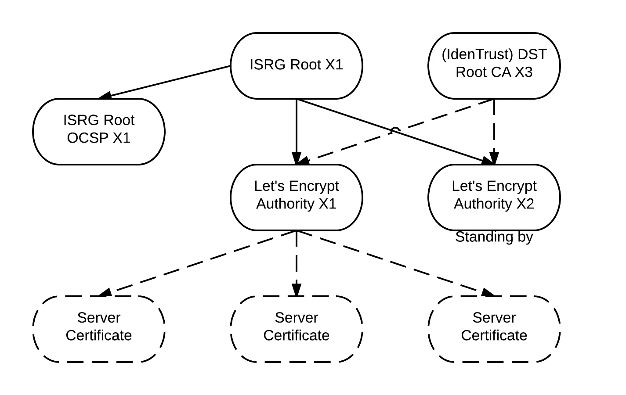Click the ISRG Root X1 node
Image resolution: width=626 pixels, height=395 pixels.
297,65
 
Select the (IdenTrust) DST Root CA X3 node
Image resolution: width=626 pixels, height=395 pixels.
494,65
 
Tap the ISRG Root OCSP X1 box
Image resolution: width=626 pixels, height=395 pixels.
99,131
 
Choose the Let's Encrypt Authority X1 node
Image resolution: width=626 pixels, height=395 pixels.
297,197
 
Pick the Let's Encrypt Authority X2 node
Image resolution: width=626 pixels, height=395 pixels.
494,197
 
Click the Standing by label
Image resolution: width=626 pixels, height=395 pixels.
494,237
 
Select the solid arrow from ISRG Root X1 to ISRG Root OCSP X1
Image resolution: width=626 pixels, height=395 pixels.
167,82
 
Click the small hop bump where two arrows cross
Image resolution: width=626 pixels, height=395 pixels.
395,129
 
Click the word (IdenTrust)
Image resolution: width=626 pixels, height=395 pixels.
477,54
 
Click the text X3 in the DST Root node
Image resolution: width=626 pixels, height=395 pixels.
523,72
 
